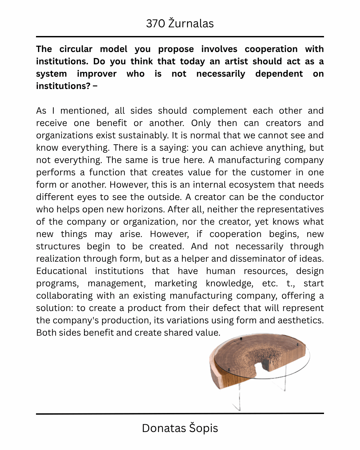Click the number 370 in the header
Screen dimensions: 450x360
(x=155, y=24)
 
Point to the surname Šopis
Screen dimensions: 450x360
(x=203, y=428)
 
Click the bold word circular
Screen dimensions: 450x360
(x=76, y=49)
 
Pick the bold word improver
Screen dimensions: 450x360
(x=97, y=74)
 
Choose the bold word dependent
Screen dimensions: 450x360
(x=279, y=74)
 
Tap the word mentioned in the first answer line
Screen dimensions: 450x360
(x=84, y=111)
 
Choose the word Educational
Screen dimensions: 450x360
(x=61, y=271)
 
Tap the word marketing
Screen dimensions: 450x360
(x=176, y=283)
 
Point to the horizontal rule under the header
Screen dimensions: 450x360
(x=180, y=37)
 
